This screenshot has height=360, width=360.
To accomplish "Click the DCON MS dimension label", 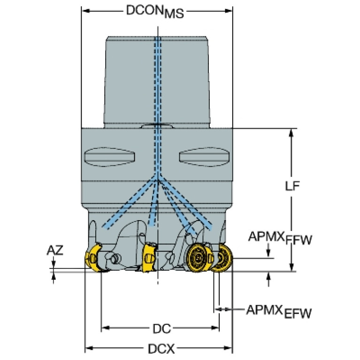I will [154, 12].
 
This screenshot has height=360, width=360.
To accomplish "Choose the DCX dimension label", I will [161, 349].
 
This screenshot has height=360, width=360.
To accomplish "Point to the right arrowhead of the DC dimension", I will [216, 327].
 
